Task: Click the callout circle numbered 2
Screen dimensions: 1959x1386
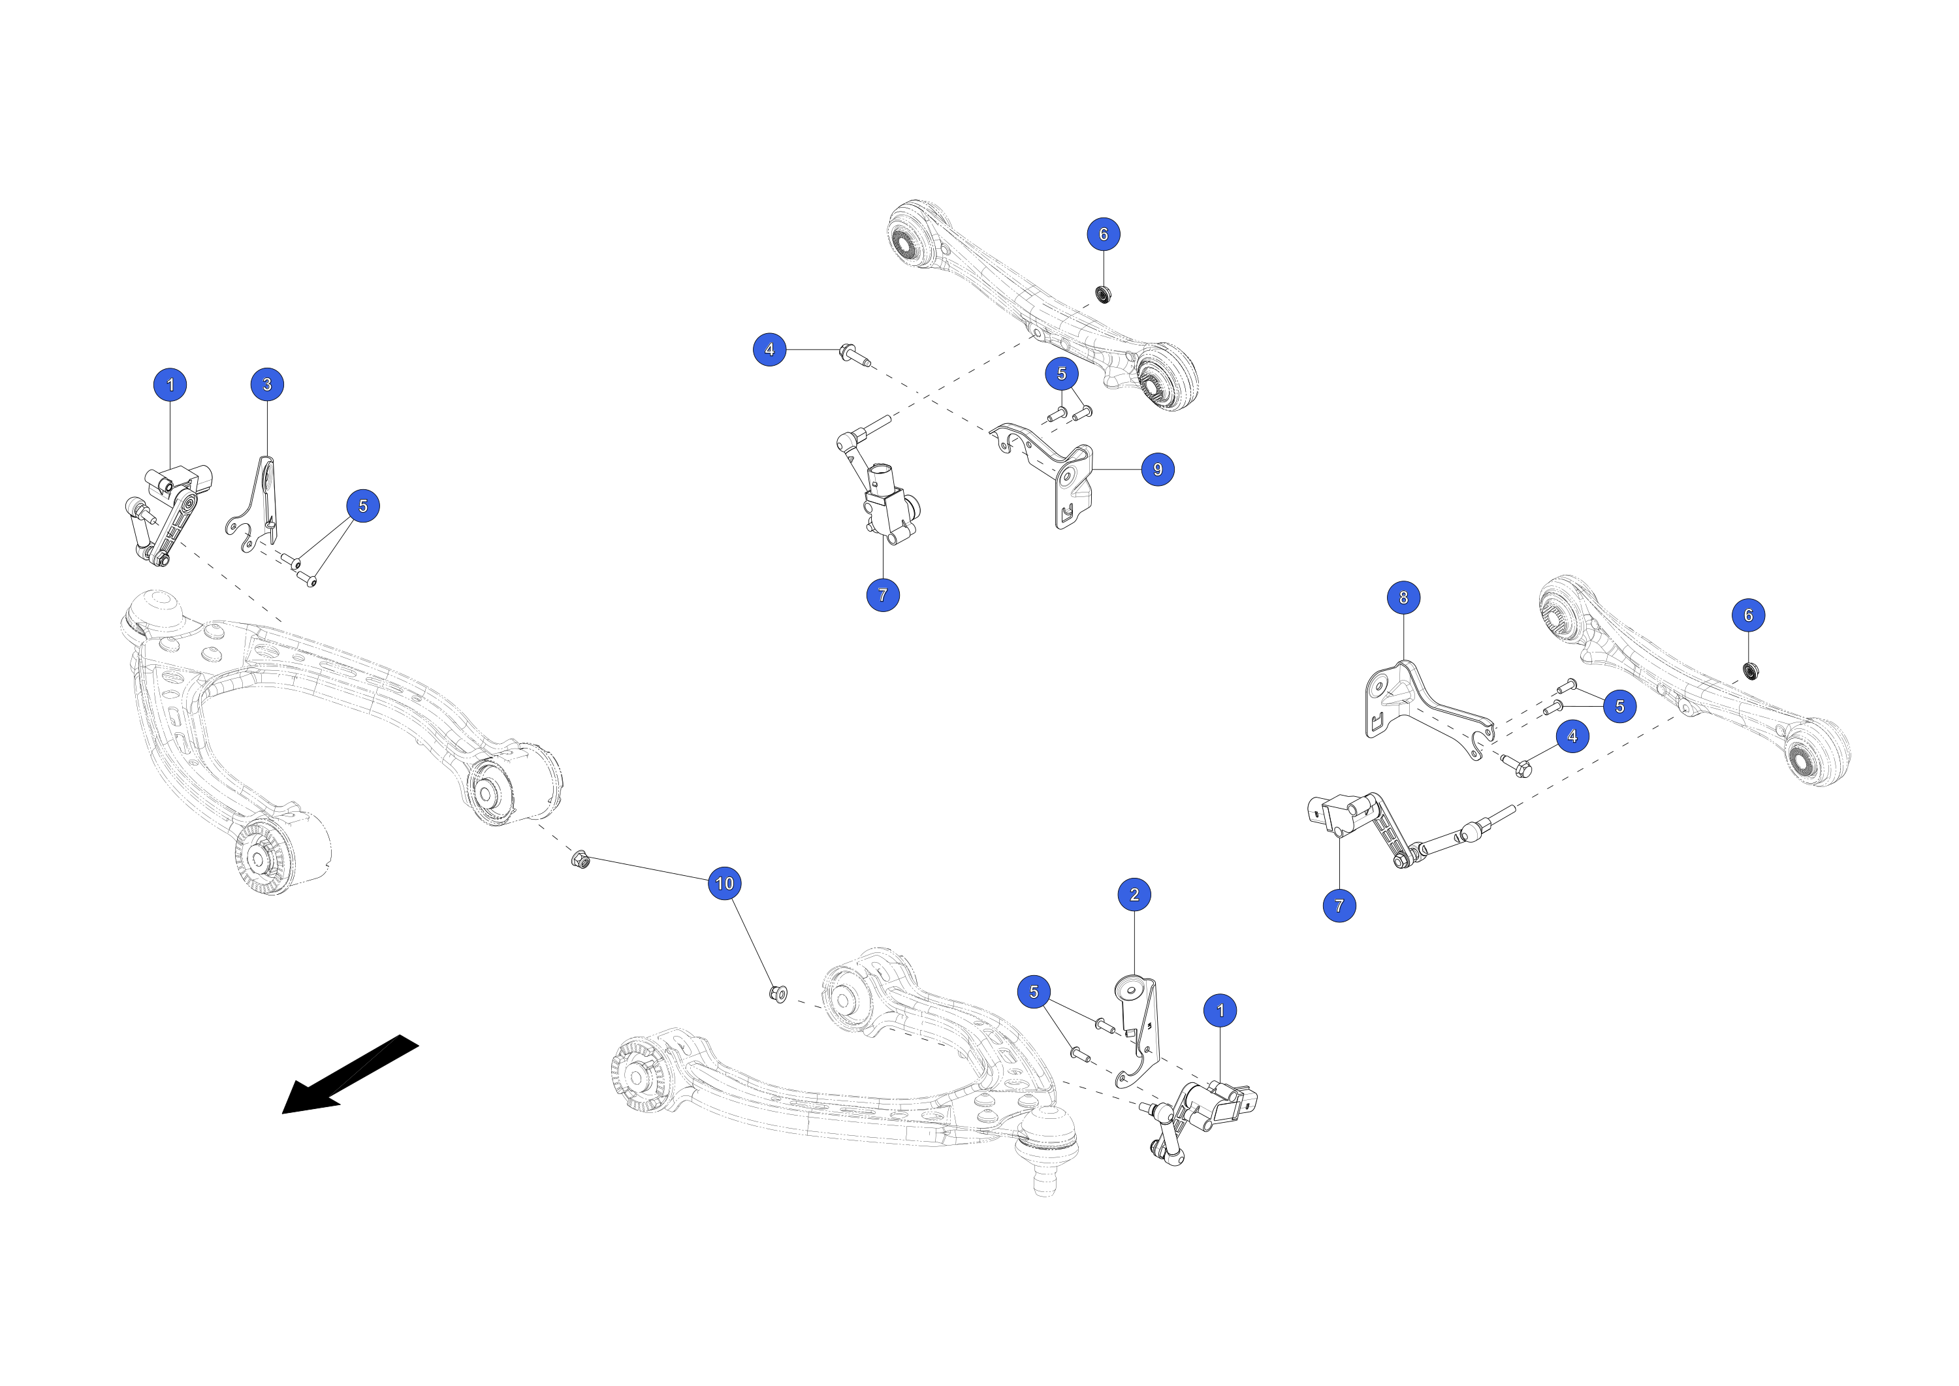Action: pos(1134,894)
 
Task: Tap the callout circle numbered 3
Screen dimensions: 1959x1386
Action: pos(267,384)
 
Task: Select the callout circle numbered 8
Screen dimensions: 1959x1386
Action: pos(1403,598)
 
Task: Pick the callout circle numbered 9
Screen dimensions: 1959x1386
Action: pos(1158,470)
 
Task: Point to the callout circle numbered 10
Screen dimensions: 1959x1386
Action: pos(724,883)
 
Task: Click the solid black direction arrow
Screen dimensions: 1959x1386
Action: pos(350,1074)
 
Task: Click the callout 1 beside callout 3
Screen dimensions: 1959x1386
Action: pos(170,384)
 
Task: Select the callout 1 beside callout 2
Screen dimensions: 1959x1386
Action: pos(1220,1010)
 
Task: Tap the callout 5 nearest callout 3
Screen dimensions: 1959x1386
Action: pos(362,506)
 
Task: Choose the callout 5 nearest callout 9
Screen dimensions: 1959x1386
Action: pos(1061,374)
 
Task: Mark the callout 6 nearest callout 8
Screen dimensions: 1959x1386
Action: pos(1748,615)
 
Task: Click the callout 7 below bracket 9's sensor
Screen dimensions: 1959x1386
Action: pos(883,595)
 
